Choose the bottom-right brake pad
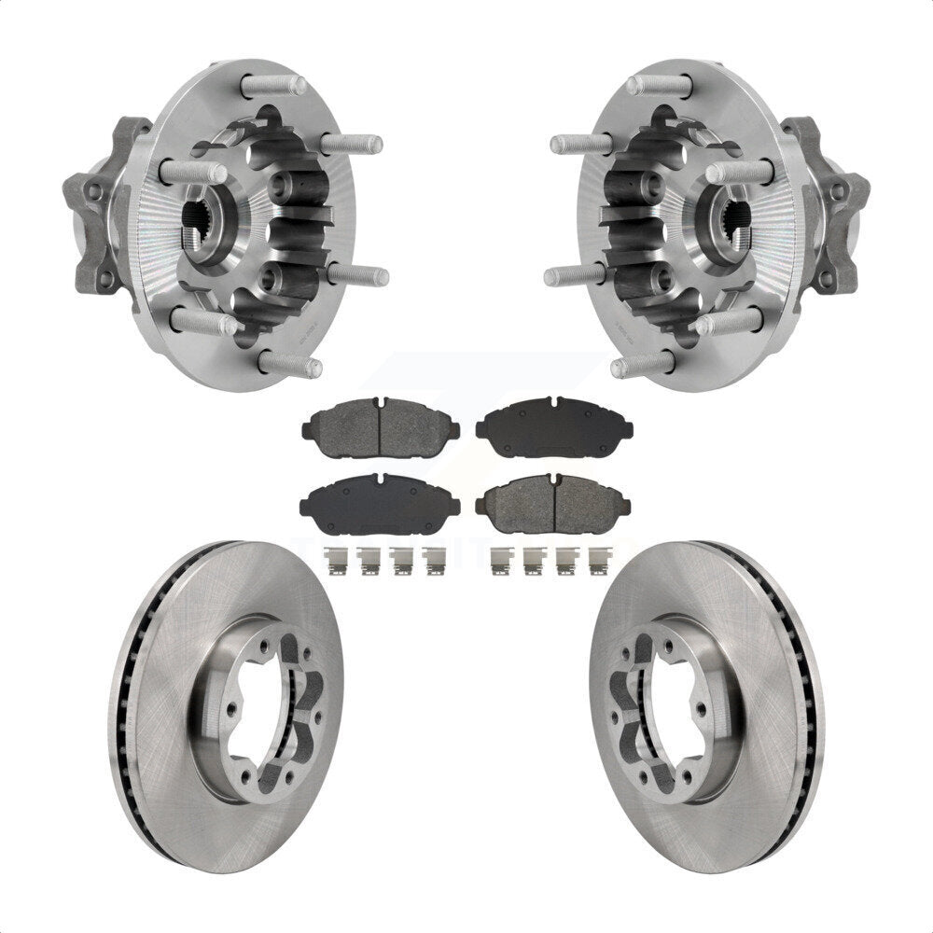pos(554,504)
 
